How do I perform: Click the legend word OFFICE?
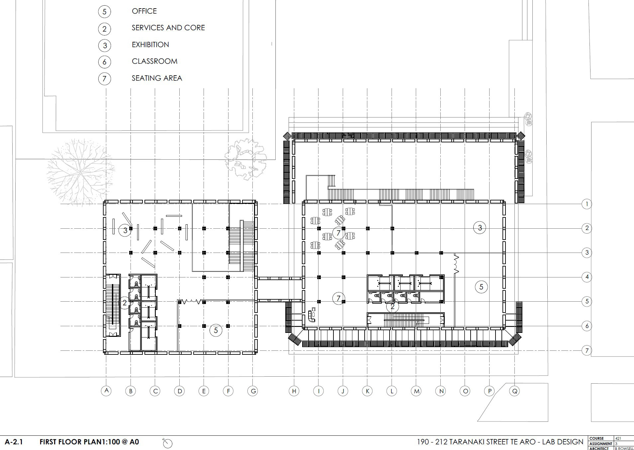point(144,11)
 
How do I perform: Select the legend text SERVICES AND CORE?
point(168,28)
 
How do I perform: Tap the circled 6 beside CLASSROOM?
point(105,62)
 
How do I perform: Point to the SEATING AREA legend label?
point(157,78)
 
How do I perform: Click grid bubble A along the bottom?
point(106,391)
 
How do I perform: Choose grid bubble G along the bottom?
point(253,391)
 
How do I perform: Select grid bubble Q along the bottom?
point(514,391)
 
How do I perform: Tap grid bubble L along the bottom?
point(392,391)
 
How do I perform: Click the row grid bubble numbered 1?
point(587,204)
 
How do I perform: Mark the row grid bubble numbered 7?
point(587,350)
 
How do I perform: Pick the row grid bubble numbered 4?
point(587,277)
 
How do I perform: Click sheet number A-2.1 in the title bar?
point(14,442)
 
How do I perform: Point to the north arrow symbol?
point(168,443)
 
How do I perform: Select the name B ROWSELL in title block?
point(624,448)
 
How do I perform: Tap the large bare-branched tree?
point(80,172)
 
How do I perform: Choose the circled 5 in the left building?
point(216,330)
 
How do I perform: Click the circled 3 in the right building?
point(480,228)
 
